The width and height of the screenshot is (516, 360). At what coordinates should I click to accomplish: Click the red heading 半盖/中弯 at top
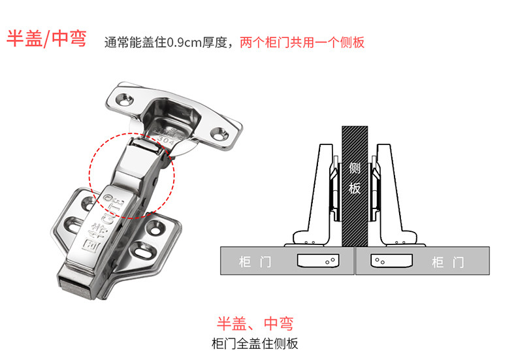click(x=46, y=39)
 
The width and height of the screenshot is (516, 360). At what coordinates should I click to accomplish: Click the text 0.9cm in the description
click(x=185, y=43)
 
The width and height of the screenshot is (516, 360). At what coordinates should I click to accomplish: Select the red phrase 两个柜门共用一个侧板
click(x=302, y=43)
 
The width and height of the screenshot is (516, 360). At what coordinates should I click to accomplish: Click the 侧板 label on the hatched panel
click(x=355, y=178)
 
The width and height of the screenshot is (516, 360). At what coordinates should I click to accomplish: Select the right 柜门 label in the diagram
click(x=448, y=263)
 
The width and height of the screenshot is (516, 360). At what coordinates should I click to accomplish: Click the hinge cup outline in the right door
click(x=391, y=261)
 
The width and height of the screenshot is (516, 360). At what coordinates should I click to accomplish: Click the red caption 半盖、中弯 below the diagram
click(x=255, y=323)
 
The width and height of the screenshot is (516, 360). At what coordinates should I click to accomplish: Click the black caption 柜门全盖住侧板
click(x=255, y=343)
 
